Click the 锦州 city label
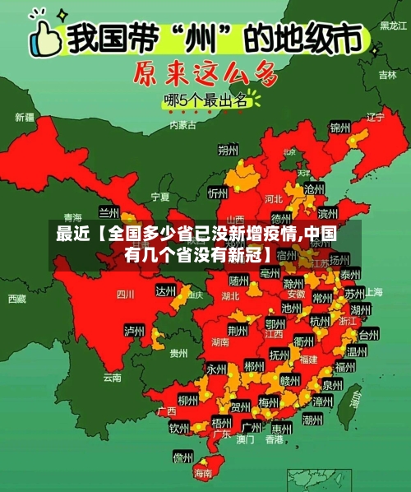340,128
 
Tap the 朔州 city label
228,151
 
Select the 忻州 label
218,193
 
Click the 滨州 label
328,215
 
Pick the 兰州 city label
109,212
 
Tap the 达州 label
166,290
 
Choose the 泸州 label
134,331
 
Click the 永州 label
216,369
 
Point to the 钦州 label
179,428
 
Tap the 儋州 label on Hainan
182,457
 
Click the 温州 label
356,351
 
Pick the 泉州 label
332,384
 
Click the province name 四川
125,293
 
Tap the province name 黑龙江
392,26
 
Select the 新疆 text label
25,117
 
